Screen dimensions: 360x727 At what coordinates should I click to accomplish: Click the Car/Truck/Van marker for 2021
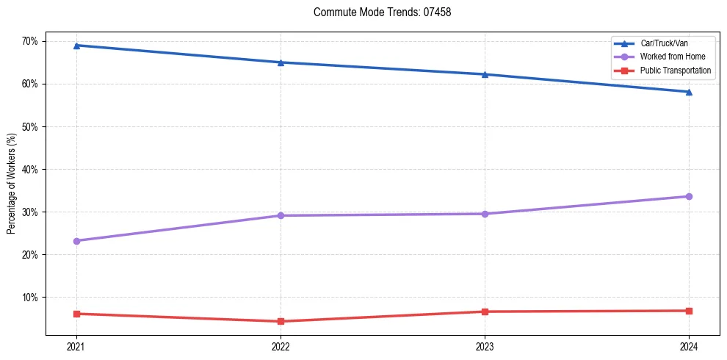tap(76, 46)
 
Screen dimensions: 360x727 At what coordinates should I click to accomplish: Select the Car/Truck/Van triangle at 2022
tap(281, 62)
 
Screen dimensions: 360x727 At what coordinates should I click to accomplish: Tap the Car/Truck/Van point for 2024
tap(689, 92)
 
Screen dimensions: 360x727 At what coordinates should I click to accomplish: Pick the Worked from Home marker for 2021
tap(76, 241)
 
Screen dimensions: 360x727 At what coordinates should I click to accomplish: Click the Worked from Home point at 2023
tap(485, 214)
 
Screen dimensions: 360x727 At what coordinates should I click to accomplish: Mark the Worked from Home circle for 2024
tap(689, 196)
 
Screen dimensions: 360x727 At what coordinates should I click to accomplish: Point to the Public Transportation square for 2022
tap(281, 321)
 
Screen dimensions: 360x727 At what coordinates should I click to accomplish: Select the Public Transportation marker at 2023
tap(485, 312)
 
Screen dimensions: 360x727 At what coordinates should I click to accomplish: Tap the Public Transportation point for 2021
tap(76, 314)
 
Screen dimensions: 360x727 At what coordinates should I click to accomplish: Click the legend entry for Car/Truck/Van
tap(664, 43)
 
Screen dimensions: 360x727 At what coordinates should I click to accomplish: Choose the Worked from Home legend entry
tap(673, 57)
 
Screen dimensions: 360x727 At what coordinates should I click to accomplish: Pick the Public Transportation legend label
tap(676, 71)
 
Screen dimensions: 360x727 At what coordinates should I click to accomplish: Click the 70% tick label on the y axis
tap(29, 41)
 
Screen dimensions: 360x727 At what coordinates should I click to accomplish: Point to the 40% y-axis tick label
tap(29, 169)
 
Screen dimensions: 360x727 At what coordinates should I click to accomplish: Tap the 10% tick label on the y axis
tap(29, 298)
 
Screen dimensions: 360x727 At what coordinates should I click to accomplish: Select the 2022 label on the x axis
tap(281, 346)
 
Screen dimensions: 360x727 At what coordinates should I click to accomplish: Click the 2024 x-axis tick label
tap(689, 346)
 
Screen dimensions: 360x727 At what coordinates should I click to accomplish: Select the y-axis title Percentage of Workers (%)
tap(12, 184)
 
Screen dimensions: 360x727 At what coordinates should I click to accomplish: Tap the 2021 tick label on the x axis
tap(76, 346)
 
